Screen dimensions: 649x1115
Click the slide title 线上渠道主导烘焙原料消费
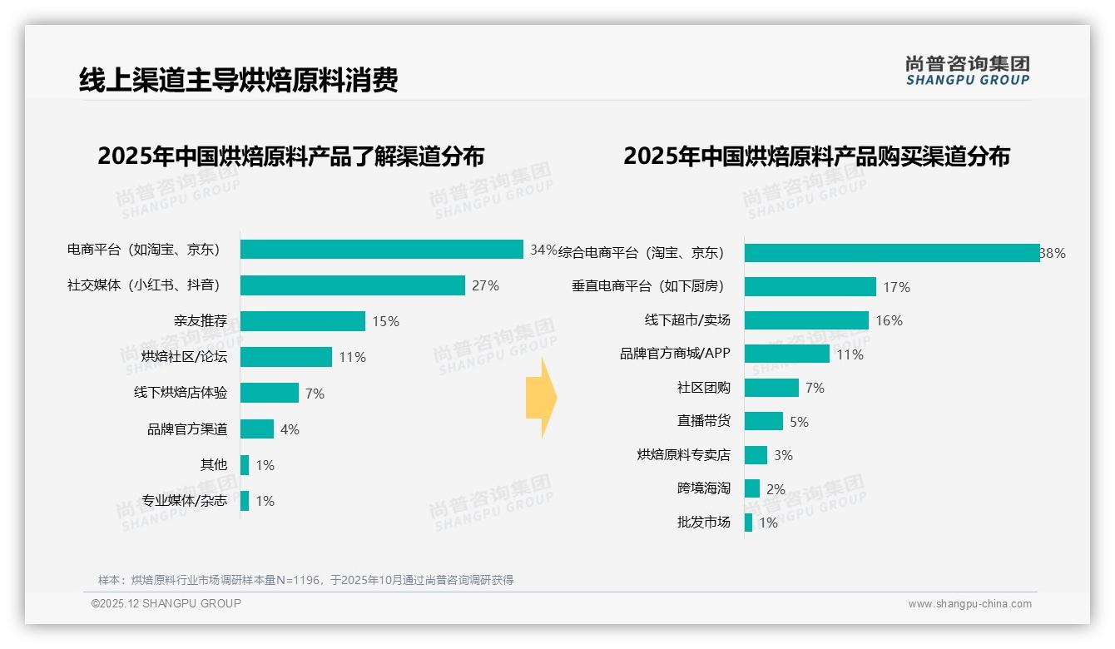[x=239, y=79]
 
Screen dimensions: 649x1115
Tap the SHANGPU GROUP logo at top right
[x=968, y=71]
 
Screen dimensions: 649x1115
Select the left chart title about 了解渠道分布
[x=290, y=156]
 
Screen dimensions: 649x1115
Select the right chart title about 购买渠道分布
[x=816, y=156]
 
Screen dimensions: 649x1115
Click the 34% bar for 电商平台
[x=381, y=250]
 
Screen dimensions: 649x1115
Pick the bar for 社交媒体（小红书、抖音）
[x=352, y=285]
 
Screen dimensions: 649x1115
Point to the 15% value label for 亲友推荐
[x=385, y=321]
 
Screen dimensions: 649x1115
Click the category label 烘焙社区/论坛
[x=184, y=357]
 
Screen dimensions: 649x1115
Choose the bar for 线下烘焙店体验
[x=270, y=393]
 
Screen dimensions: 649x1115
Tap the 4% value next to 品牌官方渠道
[x=290, y=429]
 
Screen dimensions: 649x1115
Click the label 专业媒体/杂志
[x=184, y=501]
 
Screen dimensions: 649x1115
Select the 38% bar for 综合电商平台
[x=891, y=253]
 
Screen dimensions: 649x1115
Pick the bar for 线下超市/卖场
[x=806, y=320]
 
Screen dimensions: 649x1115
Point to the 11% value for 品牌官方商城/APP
[x=850, y=354]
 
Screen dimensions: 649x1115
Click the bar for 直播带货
[x=764, y=421]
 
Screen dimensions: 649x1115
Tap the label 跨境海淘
[x=703, y=488]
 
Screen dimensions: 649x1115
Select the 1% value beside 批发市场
[x=768, y=523]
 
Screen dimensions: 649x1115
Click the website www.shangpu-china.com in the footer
[x=969, y=604]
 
